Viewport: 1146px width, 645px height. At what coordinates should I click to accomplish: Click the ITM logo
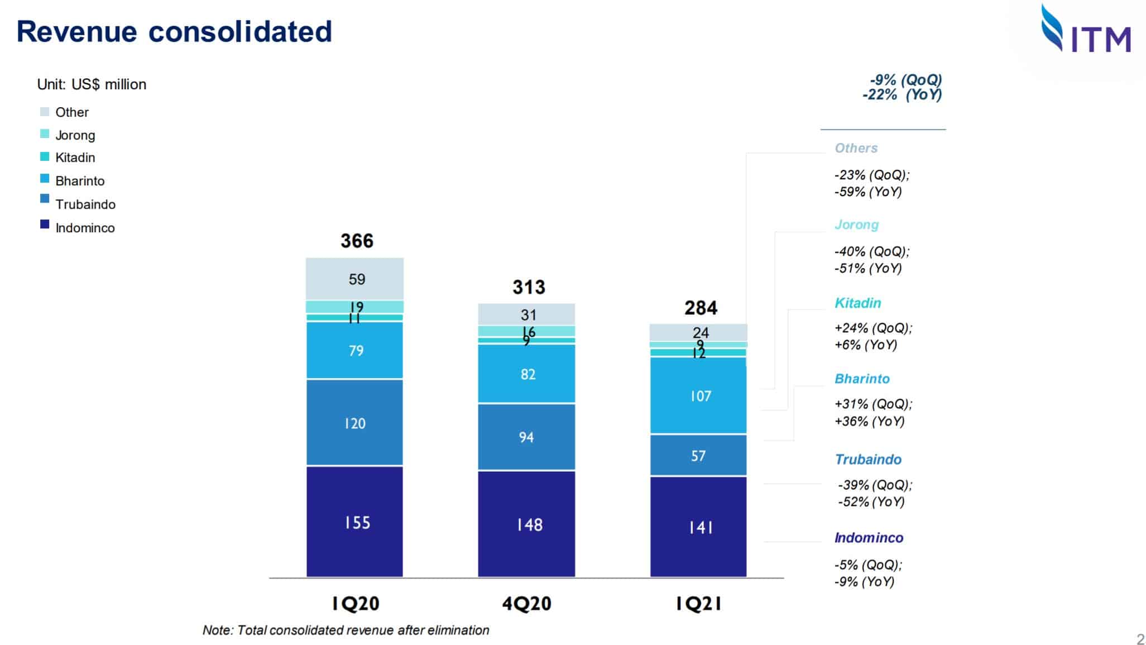click(1086, 29)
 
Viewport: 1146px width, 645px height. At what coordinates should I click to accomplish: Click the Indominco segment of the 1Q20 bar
click(354, 522)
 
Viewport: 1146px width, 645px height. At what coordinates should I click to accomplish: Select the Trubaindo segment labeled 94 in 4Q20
click(526, 437)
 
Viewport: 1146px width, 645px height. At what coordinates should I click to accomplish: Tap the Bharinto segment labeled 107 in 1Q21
click(698, 395)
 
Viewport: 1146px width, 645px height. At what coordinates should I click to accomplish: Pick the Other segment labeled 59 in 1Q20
click(354, 279)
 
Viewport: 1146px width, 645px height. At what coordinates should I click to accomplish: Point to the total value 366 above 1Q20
click(357, 241)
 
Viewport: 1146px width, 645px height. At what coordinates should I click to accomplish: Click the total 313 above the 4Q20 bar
click(529, 287)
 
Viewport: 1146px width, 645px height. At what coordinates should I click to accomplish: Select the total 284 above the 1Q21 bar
click(701, 308)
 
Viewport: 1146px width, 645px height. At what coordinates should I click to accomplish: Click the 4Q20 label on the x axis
click(526, 604)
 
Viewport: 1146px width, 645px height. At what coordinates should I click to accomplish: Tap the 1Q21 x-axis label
click(698, 604)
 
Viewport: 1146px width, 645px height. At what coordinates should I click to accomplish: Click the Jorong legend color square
click(45, 134)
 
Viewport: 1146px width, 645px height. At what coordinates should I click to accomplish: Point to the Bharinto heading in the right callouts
click(862, 379)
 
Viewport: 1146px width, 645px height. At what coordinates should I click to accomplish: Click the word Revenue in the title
click(76, 31)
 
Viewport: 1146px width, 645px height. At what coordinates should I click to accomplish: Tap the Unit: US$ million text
click(92, 84)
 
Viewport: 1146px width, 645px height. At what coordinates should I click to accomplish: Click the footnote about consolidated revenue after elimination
click(346, 630)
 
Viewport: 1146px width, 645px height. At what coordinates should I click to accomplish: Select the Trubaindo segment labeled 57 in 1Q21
click(698, 455)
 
